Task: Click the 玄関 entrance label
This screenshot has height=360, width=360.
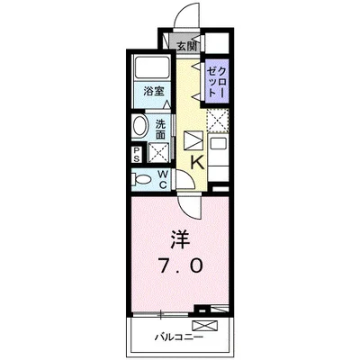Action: click(186, 44)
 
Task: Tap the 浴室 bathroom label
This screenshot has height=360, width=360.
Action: click(152, 91)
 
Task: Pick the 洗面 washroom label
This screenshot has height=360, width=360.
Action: click(160, 129)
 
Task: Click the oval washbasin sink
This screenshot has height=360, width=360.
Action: click(141, 126)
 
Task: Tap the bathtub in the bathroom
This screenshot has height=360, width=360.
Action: click(150, 69)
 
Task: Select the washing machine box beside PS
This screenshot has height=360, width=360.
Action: click(157, 151)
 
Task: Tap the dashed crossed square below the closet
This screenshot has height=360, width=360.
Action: click(217, 119)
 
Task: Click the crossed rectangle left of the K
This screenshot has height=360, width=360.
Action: click(193, 141)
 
